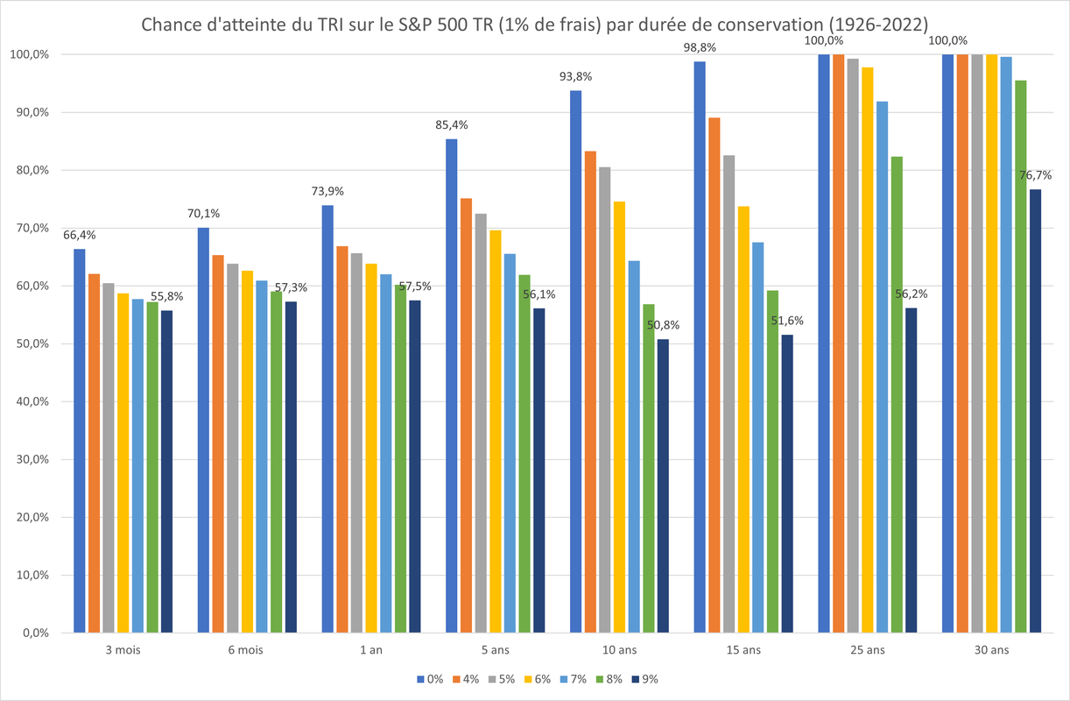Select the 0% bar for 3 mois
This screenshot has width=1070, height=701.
pos(80,438)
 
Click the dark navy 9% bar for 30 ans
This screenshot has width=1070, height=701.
pos(1035,412)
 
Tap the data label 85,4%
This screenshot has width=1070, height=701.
pos(452,125)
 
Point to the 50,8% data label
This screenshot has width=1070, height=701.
pos(662,325)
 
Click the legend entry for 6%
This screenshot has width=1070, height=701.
pos(539,679)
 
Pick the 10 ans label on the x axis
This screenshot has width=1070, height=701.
pos(619,650)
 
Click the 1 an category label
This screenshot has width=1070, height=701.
pos(371,650)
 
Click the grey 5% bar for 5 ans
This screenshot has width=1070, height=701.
pos(481,421)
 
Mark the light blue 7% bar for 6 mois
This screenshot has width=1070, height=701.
pos(262,456)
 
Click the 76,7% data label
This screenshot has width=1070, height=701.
pos(1035,175)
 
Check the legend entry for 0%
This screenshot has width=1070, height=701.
pos(430,679)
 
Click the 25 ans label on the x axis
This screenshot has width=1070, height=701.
pos(867,650)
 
